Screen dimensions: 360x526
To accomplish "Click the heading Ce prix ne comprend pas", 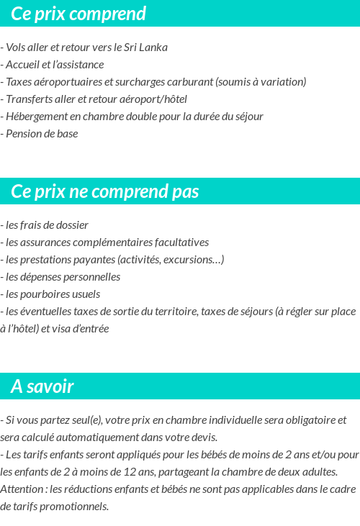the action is pos(105,192).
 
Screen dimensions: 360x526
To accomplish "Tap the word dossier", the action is pos(71,225).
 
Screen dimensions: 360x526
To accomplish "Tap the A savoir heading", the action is pos(42,386).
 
